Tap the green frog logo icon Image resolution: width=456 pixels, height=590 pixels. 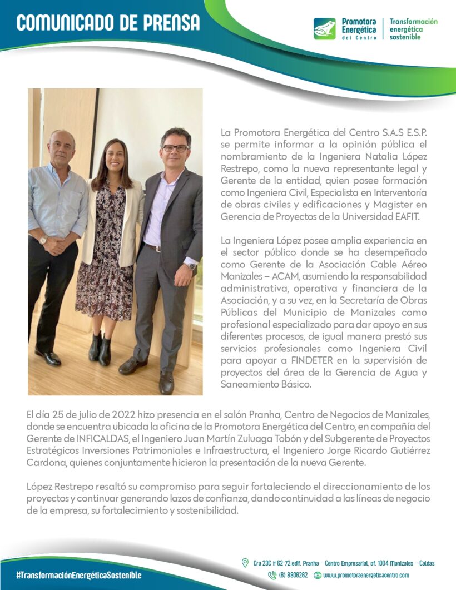tap(324, 28)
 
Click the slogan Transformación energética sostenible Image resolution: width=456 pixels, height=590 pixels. tap(413, 29)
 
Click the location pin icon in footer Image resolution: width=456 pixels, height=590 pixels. tap(245, 563)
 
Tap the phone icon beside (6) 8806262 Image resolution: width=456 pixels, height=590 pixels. tap(272, 576)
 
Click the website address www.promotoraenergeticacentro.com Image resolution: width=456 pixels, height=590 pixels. tap(366, 576)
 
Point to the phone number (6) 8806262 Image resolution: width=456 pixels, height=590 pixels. tap(293, 576)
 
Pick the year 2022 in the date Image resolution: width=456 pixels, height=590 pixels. tap(133, 415)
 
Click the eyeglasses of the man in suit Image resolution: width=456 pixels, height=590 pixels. tap(175, 148)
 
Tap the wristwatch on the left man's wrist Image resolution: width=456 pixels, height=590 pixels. tap(43, 241)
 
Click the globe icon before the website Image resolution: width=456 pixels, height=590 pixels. tap(318, 576)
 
